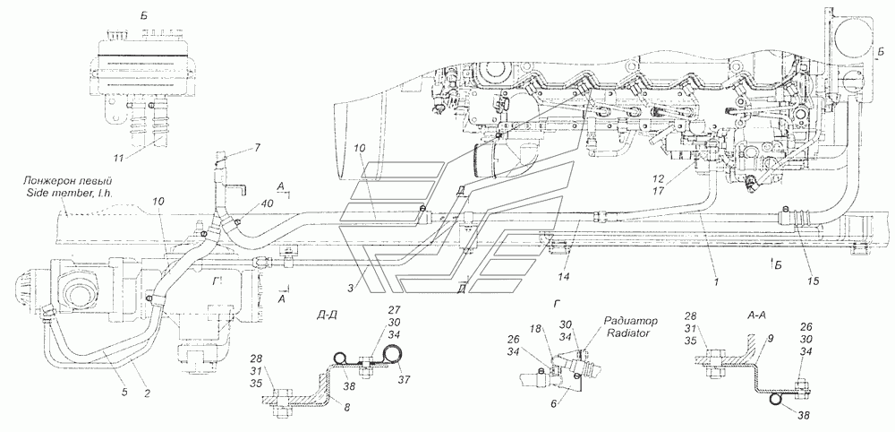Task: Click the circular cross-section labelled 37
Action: coord(393,356)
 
